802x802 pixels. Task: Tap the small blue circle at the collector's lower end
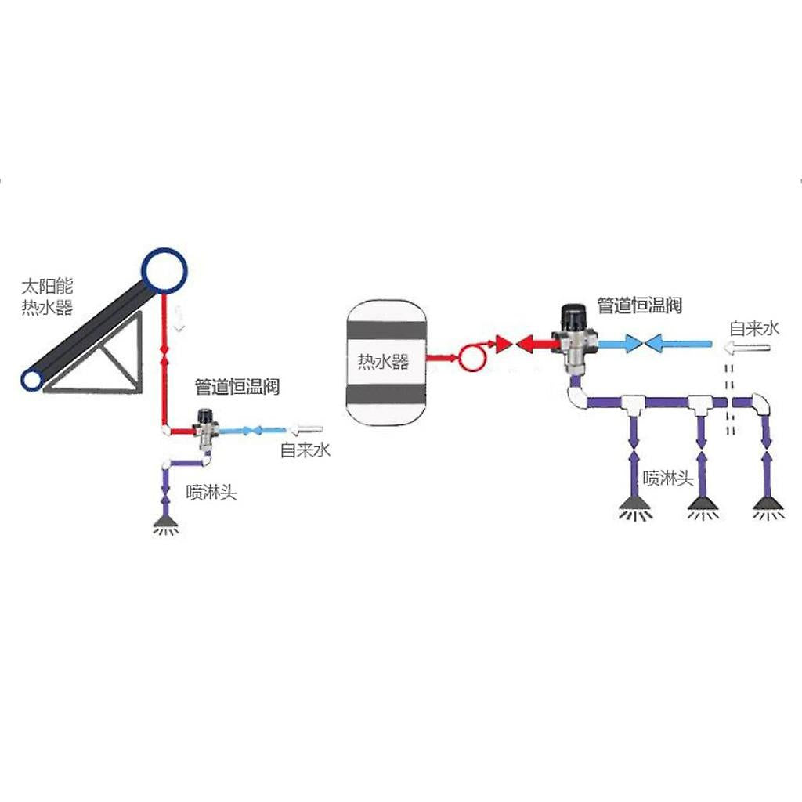click(32, 380)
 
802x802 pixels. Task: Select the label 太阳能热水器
click(47, 296)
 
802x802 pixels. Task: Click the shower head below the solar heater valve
click(165, 521)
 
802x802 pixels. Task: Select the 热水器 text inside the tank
click(383, 363)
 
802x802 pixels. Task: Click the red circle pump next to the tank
click(471, 358)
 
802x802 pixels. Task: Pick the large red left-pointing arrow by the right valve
click(534, 343)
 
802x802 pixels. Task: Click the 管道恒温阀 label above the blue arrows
click(639, 305)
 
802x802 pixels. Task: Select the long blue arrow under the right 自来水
click(678, 343)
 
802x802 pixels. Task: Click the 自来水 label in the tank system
click(754, 327)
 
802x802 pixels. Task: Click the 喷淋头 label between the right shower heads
click(667, 478)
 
